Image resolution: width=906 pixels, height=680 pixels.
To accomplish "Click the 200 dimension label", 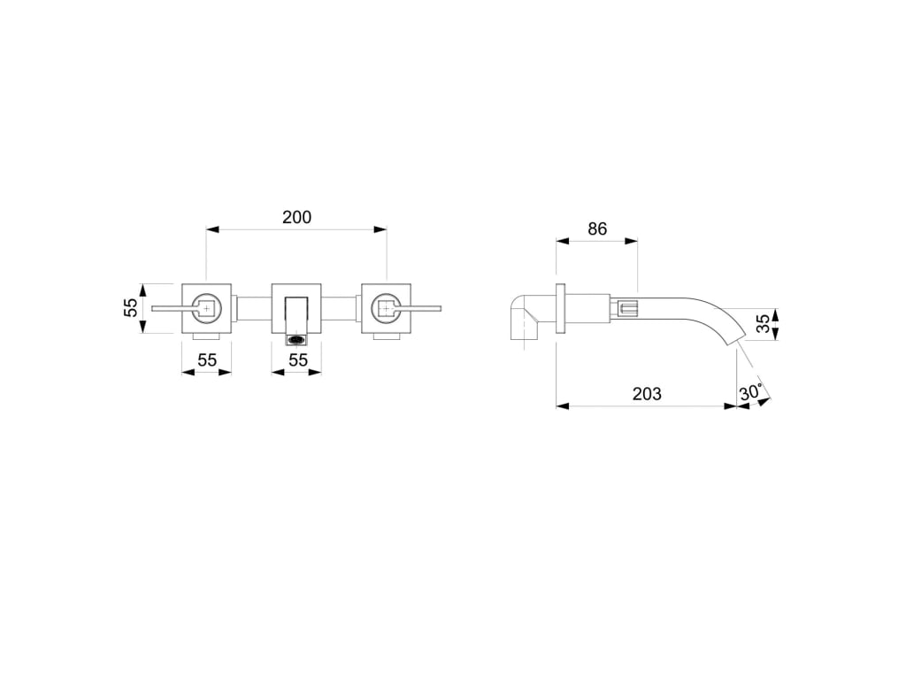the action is coord(296,217).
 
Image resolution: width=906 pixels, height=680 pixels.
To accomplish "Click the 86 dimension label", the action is coord(597,229).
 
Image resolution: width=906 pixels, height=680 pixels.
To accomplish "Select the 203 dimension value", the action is coord(647,394).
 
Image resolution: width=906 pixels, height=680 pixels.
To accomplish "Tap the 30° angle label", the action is coord(750,392).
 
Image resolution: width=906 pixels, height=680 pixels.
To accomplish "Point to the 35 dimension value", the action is coord(764,324).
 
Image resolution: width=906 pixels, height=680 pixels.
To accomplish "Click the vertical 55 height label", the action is coord(132,307).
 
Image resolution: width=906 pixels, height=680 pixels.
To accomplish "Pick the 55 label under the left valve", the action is coord(207,360).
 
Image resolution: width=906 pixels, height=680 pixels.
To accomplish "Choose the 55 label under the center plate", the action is coord(297,360).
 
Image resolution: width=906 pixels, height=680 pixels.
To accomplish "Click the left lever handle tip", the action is coord(153,308).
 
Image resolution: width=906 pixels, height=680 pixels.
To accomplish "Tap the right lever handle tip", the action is coord(440,308).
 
